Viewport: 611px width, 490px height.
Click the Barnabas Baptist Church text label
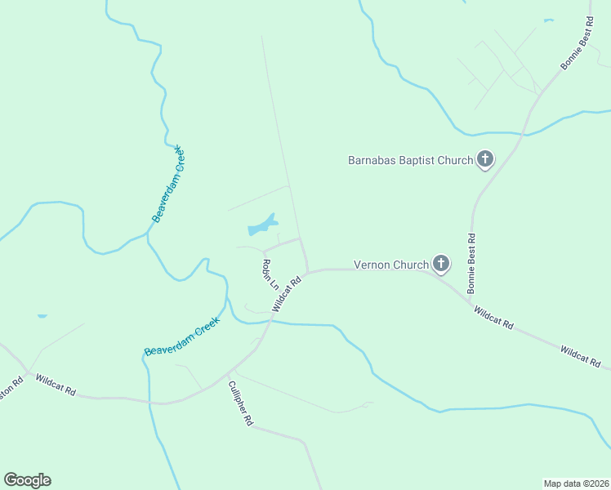[x=411, y=160]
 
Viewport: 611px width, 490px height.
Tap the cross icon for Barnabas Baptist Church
[x=485, y=159]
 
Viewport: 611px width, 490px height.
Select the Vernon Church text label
[x=390, y=265]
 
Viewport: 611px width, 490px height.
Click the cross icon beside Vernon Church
[x=441, y=264]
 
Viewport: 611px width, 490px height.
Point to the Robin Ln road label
[x=270, y=275]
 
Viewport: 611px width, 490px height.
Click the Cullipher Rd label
[x=240, y=403]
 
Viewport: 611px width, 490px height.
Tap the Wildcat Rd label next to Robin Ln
[x=287, y=293]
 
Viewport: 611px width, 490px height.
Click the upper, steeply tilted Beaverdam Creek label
[x=169, y=185]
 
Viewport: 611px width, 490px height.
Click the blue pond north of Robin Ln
[x=261, y=225]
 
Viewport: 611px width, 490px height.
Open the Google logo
[x=27, y=480]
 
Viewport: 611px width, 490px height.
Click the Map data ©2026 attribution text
[x=576, y=483]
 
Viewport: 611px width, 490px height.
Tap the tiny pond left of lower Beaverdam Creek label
[x=42, y=315]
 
